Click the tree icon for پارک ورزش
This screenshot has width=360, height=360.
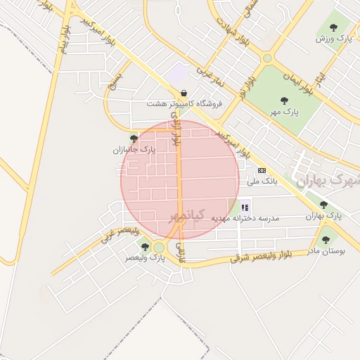pos(334,27)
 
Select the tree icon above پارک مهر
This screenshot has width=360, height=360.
pos(284,101)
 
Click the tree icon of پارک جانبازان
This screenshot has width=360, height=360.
pos(134,139)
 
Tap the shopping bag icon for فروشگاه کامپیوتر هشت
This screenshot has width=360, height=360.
pos(184,93)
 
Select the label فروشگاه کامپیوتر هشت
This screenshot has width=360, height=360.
pos(184,103)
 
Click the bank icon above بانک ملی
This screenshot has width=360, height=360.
pos(262,170)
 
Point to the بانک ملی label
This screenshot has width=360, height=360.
pos(262,181)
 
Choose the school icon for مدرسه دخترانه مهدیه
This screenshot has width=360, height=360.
pos(245,207)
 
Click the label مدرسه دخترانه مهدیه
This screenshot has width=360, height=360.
pos(250,219)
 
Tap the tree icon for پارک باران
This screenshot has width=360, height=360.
pos(323,205)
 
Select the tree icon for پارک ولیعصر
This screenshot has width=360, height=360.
pos(145,247)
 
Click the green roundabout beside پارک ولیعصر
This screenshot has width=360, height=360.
pos(159,247)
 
